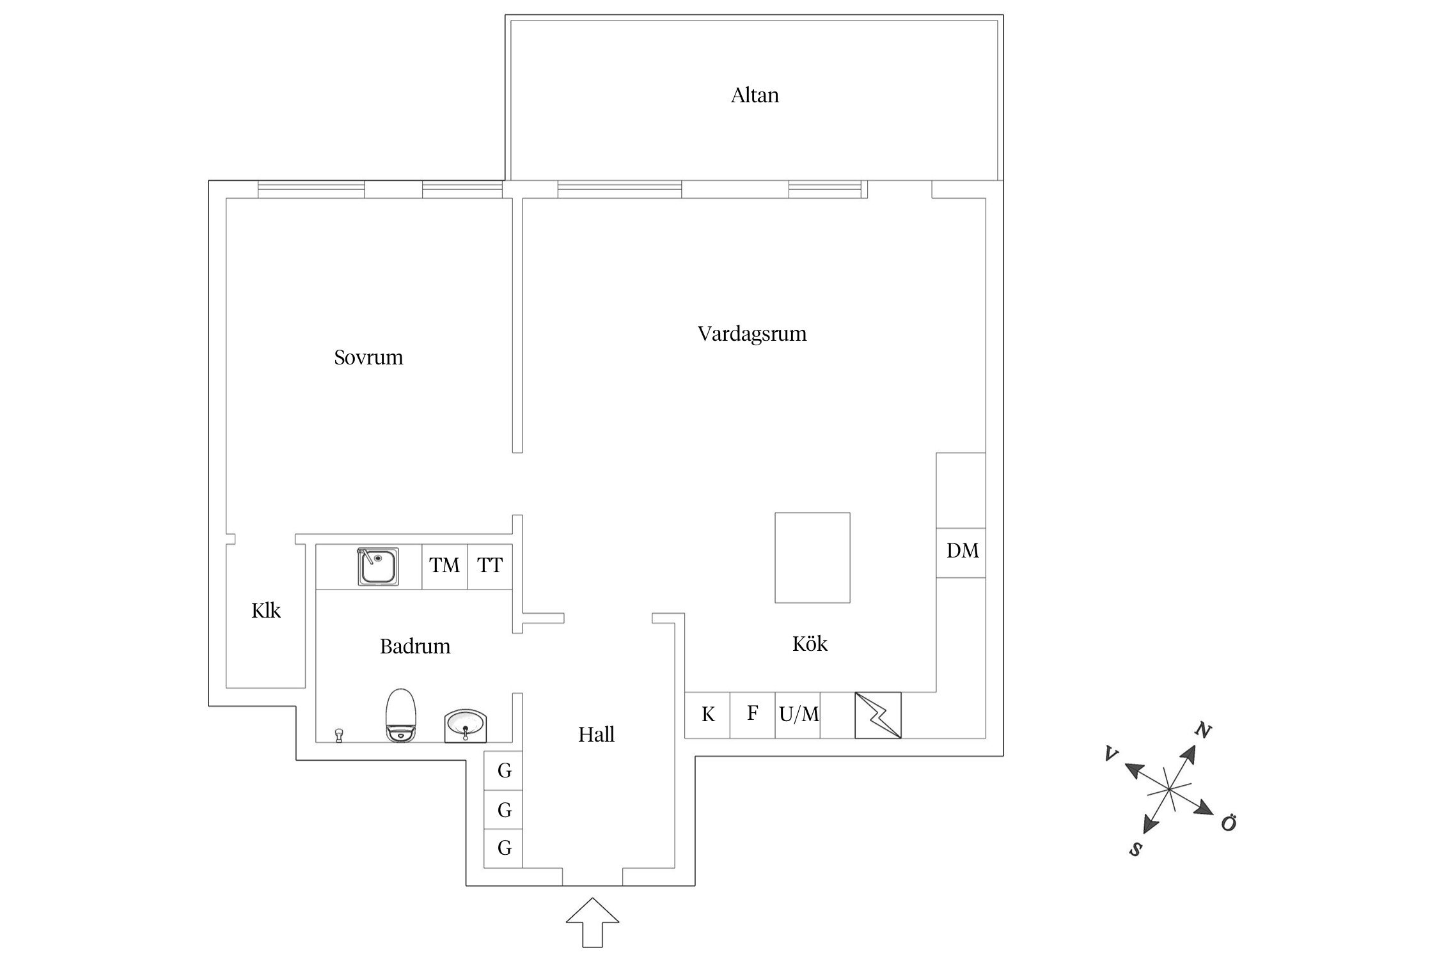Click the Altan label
755,95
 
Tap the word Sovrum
368,357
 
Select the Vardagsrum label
752,334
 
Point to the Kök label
810,643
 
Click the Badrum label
415,646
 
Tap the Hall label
596,735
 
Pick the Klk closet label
266,611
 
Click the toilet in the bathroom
401,715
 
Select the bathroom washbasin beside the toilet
466,726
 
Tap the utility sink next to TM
378,566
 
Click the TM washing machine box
444,566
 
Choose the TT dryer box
490,566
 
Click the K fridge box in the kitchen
707,715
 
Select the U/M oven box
798,715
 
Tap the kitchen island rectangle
812,557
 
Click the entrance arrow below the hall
592,923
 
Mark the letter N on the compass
1203,730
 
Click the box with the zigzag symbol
878,715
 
